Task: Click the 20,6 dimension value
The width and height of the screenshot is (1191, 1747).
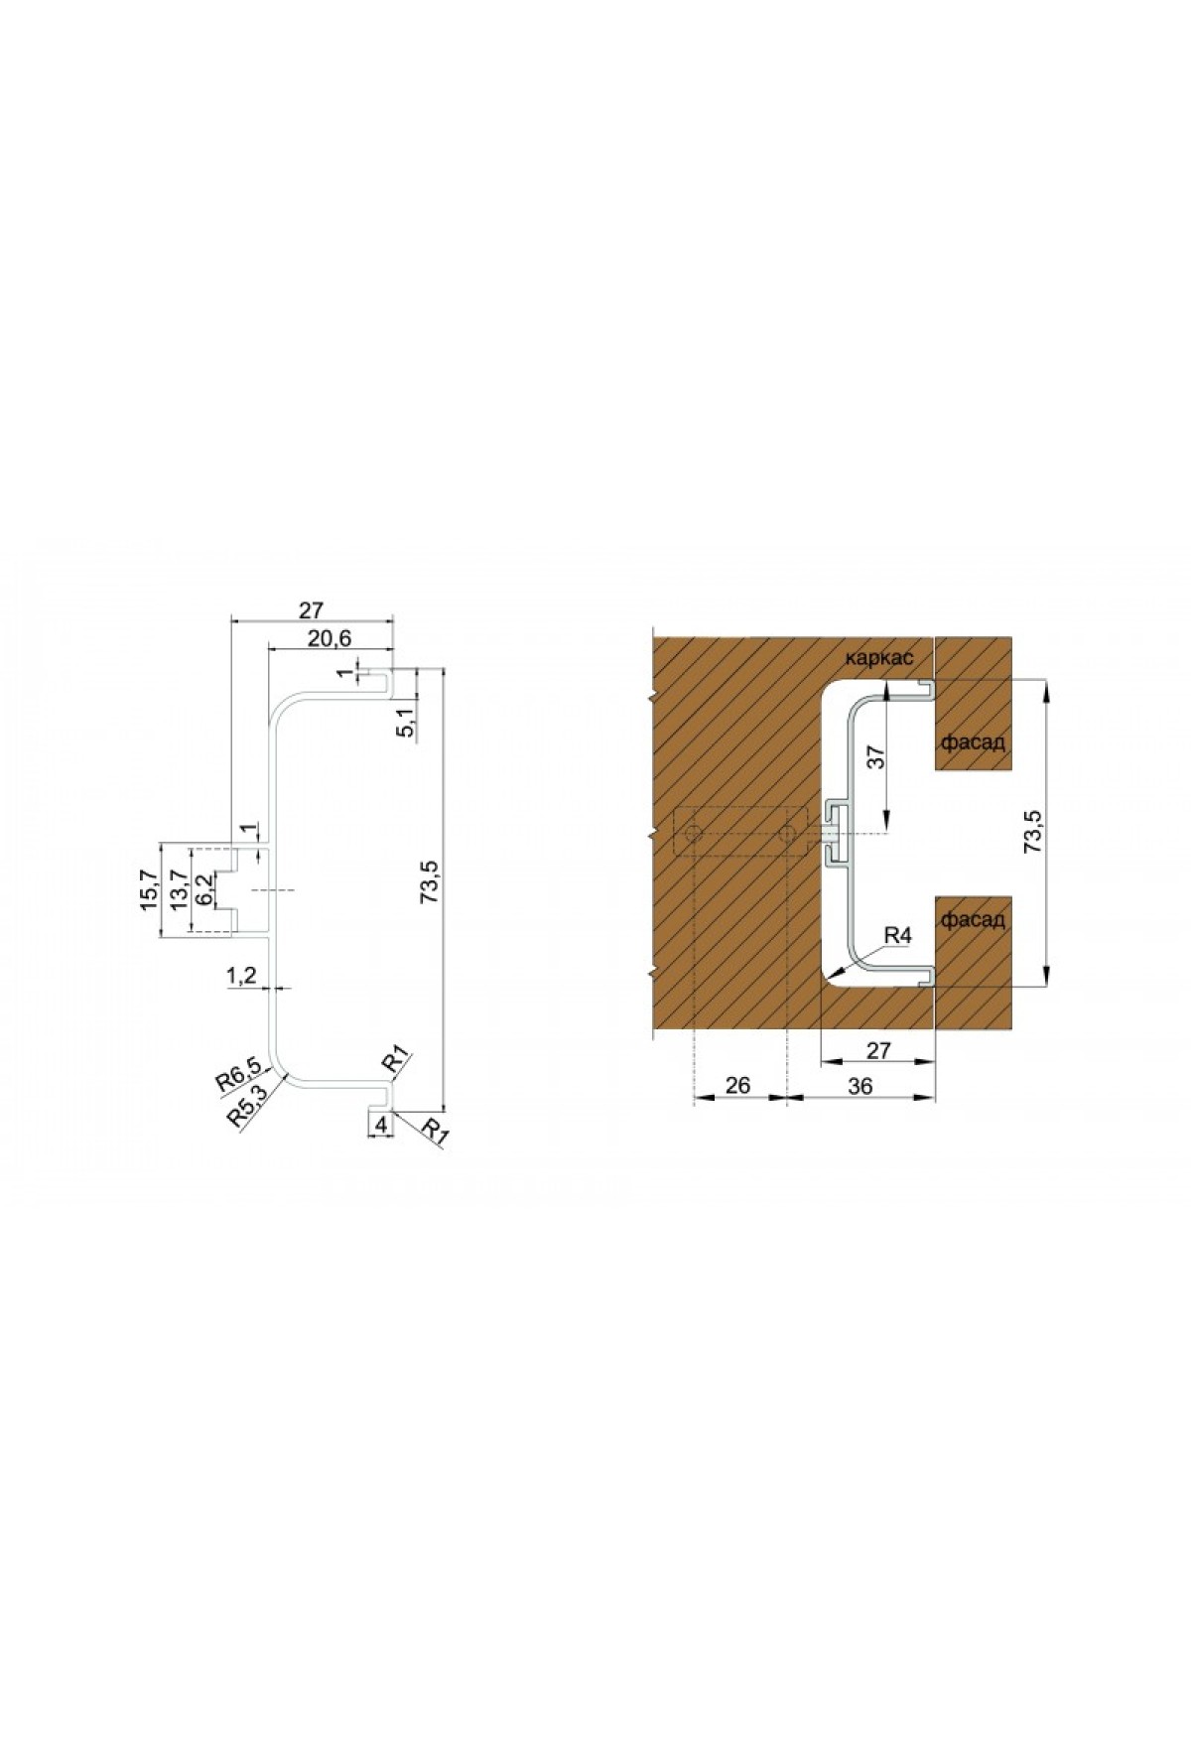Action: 330,637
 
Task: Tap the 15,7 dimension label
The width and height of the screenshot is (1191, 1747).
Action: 149,890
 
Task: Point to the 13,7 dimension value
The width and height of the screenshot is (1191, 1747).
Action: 179,890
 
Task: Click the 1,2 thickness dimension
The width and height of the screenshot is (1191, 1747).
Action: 241,976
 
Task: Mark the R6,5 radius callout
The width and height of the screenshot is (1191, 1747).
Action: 239,1075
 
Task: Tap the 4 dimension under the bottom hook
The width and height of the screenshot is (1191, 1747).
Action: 380,1125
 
